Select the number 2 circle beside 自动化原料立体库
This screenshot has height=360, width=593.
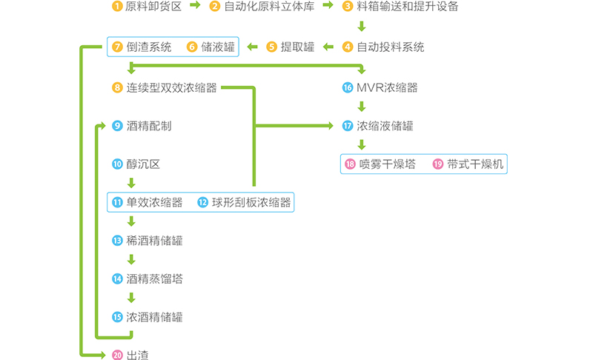tap(215, 7)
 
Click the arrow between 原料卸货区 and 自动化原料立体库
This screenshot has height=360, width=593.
tap(195, 7)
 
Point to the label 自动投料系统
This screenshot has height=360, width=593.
tap(391, 47)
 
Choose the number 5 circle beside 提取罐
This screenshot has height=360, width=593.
tap(272, 47)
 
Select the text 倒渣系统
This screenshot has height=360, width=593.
tap(148, 47)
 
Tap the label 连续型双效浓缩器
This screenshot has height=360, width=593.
tap(171, 87)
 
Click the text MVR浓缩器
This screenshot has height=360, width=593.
tap(387, 87)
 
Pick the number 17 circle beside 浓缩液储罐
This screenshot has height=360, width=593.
tap(348, 126)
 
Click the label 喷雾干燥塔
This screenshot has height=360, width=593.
tap(387, 164)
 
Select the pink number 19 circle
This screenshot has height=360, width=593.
tap(437, 164)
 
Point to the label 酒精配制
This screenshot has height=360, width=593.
tap(149, 126)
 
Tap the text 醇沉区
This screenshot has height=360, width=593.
tap(143, 164)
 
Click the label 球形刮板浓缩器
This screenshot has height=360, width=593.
tap(251, 202)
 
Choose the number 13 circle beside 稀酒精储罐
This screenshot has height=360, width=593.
tap(117, 241)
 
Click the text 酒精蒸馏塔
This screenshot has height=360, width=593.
tap(154, 279)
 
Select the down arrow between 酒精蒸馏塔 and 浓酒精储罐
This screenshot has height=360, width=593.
tap(131, 298)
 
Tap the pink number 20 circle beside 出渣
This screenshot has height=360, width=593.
tap(117, 356)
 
